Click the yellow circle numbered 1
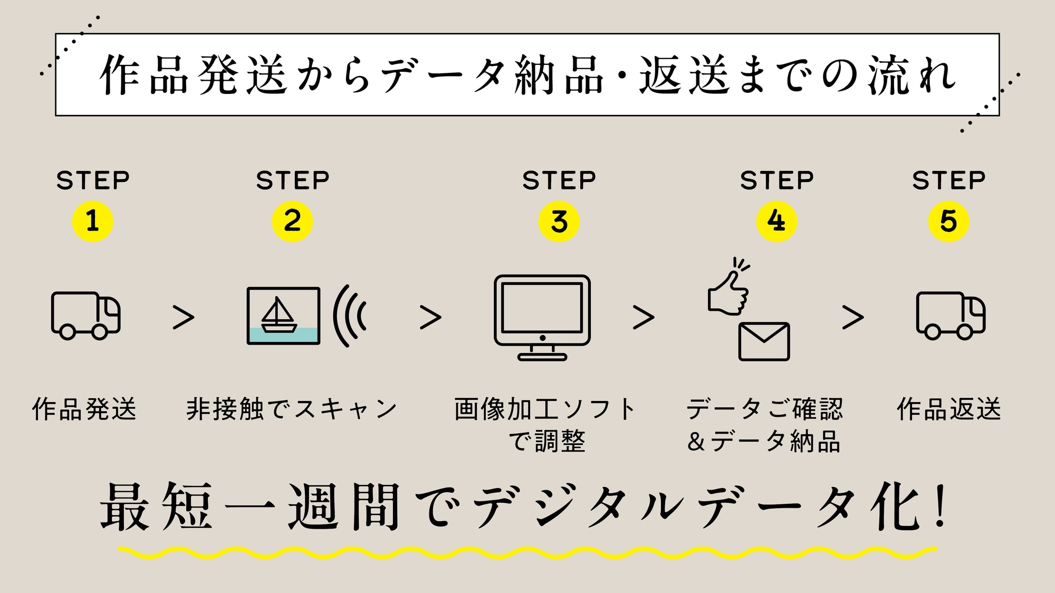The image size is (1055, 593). click(92, 221)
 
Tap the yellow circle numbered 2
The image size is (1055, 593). click(292, 221)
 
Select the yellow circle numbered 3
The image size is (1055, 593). click(559, 221)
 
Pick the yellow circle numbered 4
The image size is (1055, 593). click(776, 221)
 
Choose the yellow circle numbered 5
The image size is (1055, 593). click(948, 221)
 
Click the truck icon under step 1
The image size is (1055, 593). click(85, 315)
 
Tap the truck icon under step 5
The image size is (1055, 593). click(951, 315)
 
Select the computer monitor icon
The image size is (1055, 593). click(542, 317)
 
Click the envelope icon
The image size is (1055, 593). click(764, 341)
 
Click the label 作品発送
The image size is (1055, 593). click(84, 409)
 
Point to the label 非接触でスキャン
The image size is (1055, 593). click(292, 409)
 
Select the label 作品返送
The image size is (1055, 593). click(949, 409)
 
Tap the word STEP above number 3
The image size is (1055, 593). click(559, 180)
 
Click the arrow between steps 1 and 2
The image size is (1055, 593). click(184, 317)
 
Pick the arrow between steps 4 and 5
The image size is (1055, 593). click(853, 317)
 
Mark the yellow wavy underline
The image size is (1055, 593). click(527, 552)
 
